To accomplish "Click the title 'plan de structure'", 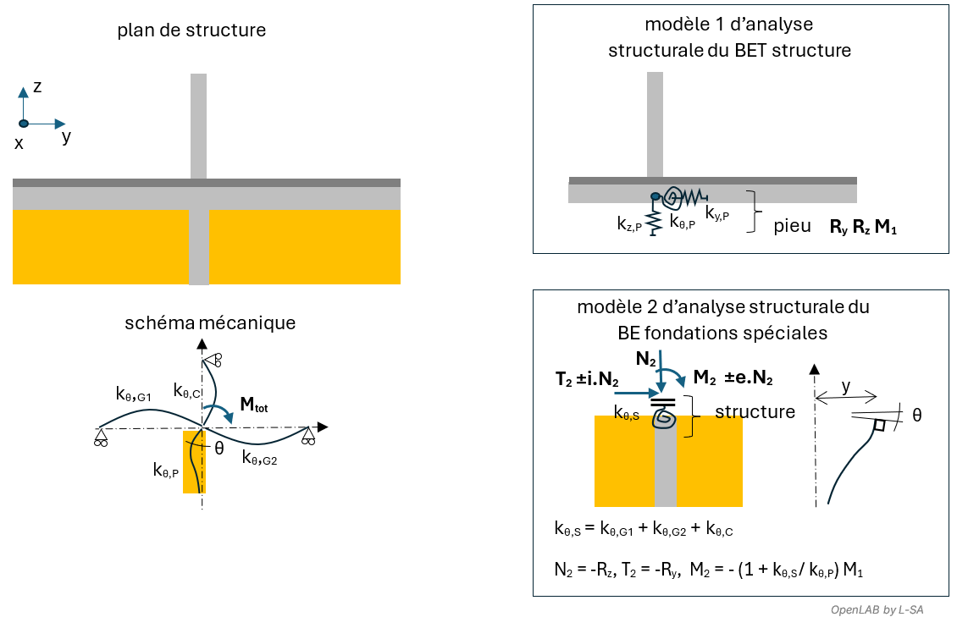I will coord(192,30).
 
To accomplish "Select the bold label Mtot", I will coord(259,405).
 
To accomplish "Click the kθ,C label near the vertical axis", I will coord(187,391).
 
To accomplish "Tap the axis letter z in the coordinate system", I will coord(37,86).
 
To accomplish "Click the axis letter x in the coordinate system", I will coord(19,143).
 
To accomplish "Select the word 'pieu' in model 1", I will coord(792,226).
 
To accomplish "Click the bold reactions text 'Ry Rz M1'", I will coord(862,228).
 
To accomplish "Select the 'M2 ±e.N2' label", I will coord(732,378).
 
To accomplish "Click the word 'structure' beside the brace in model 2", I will coord(755,412).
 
